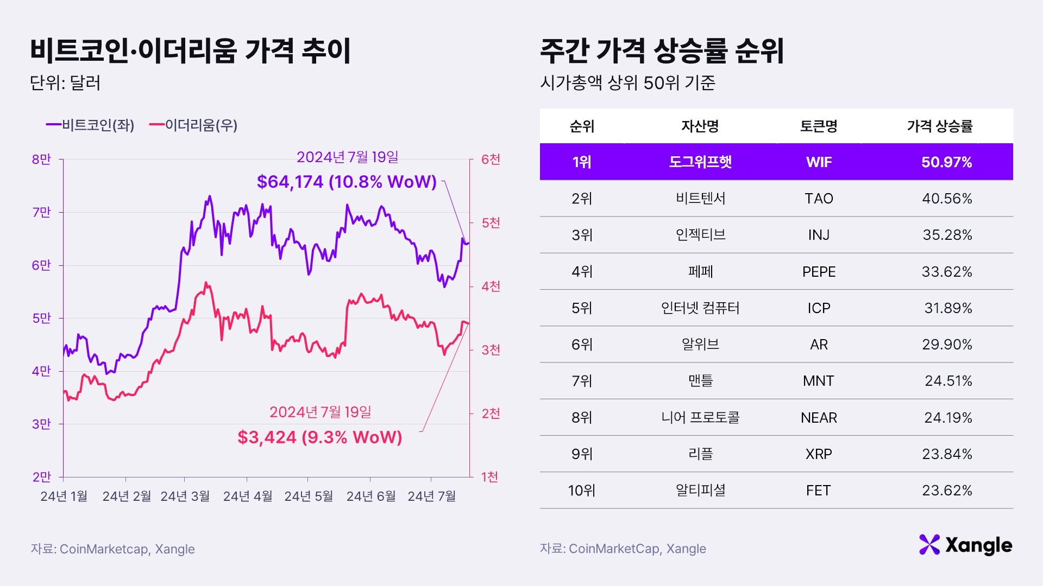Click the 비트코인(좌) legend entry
point(91,125)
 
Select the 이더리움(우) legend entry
point(194,125)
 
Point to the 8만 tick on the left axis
point(41,160)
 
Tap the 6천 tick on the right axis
point(491,160)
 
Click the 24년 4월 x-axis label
point(248,496)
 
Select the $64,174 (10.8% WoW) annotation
point(347,182)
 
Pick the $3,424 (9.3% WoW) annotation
point(319,437)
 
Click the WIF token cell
point(819,162)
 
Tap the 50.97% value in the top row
point(946,162)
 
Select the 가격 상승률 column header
point(939,126)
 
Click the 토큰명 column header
point(819,126)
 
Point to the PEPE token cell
point(819,272)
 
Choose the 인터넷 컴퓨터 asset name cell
point(700,308)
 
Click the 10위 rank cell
point(581,491)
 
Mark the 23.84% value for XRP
point(946,454)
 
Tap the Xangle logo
point(965,545)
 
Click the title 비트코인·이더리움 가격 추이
point(190,51)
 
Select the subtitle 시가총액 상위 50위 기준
point(627,83)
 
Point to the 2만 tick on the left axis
point(41,477)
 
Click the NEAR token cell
point(819,418)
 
